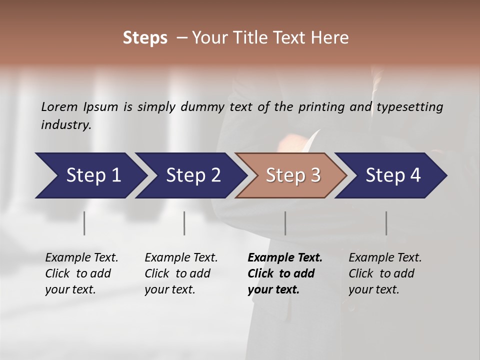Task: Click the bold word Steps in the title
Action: point(145,38)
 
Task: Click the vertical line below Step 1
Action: point(84,223)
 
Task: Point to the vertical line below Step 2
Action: point(184,223)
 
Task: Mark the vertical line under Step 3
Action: point(285,223)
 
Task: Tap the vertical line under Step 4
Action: point(386,223)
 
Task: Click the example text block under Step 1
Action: point(81,273)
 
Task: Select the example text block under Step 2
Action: point(181,273)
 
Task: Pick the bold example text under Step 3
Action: point(285,273)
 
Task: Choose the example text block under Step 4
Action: point(385,273)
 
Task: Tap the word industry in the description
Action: point(66,124)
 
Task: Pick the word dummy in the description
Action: point(202,106)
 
